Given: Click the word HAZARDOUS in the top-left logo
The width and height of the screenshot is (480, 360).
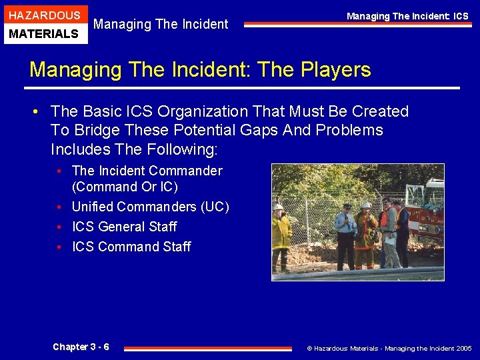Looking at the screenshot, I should (x=44, y=15).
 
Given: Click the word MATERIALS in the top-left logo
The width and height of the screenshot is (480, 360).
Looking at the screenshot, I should (x=44, y=33).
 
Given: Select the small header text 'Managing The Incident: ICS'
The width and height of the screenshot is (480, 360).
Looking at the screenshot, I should (x=407, y=16).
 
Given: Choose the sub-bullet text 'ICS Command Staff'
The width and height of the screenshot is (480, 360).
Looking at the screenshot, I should (x=131, y=247).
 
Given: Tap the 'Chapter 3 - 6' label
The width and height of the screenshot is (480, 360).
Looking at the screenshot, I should (x=81, y=347).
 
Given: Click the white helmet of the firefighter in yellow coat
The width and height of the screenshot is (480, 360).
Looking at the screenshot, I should (x=278, y=207).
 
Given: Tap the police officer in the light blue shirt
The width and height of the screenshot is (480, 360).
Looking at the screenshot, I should (x=345, y=233).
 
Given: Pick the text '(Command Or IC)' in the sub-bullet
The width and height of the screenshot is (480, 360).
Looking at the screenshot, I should (x=125, y=187).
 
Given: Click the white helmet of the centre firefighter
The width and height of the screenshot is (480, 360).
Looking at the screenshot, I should (x=366, y=205).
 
